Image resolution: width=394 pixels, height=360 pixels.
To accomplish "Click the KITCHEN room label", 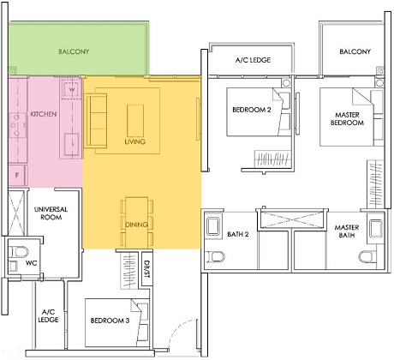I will (43, 114).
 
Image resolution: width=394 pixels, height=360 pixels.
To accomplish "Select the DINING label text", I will (134, 225).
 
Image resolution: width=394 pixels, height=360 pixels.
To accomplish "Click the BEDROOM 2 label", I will (251, 110).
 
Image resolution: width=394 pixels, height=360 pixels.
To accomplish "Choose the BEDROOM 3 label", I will (110, 321).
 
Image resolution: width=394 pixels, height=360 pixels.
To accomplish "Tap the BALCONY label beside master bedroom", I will (355, 52).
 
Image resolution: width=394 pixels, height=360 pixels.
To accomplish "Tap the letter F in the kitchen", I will (16, 174).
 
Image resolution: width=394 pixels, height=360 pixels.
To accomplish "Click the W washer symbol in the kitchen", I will (72, 88).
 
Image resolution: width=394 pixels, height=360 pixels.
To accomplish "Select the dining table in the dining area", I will (134, 214).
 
